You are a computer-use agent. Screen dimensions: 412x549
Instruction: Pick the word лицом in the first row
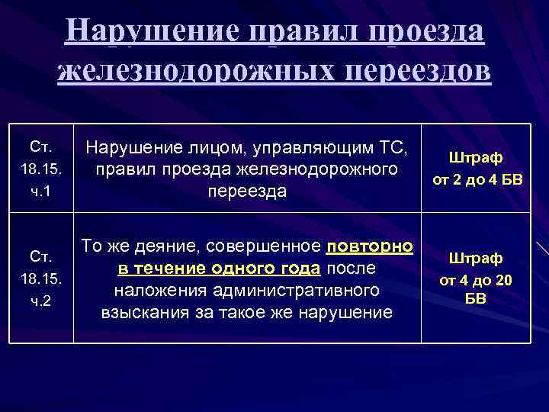point(194,146)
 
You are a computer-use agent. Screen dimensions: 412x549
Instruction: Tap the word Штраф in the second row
point(476,257)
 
